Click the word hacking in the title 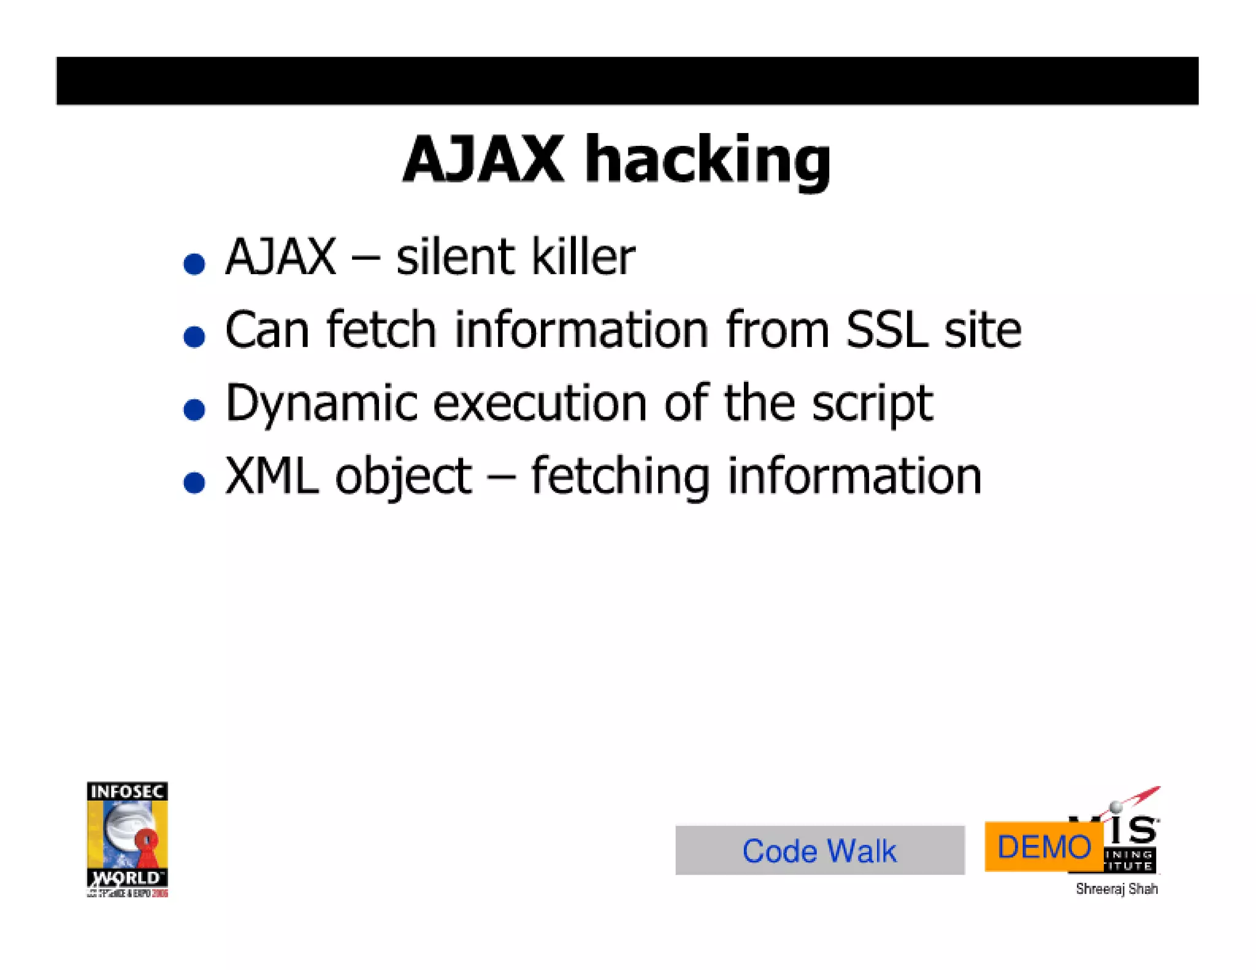708,161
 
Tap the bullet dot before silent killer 194,264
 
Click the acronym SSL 886,330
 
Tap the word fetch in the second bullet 381,330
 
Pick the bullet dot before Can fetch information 194,337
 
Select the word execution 540,403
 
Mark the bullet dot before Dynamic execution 194,410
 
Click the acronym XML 272,476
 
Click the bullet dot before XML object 194,483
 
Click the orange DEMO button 1043,847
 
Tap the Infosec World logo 127,839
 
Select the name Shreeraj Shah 1116,888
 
